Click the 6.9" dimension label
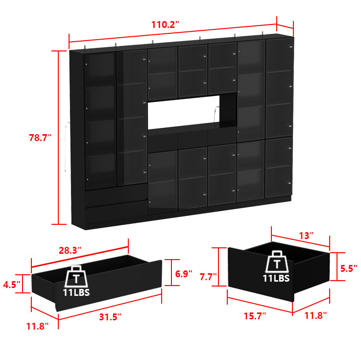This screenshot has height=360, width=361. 184,274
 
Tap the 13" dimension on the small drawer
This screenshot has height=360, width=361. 306,236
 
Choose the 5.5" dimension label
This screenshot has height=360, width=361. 348,268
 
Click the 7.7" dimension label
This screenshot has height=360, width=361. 208,277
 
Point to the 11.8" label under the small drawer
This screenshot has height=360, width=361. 315,316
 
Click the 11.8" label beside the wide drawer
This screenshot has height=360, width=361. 38,326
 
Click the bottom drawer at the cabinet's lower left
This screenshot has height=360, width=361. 116,212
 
